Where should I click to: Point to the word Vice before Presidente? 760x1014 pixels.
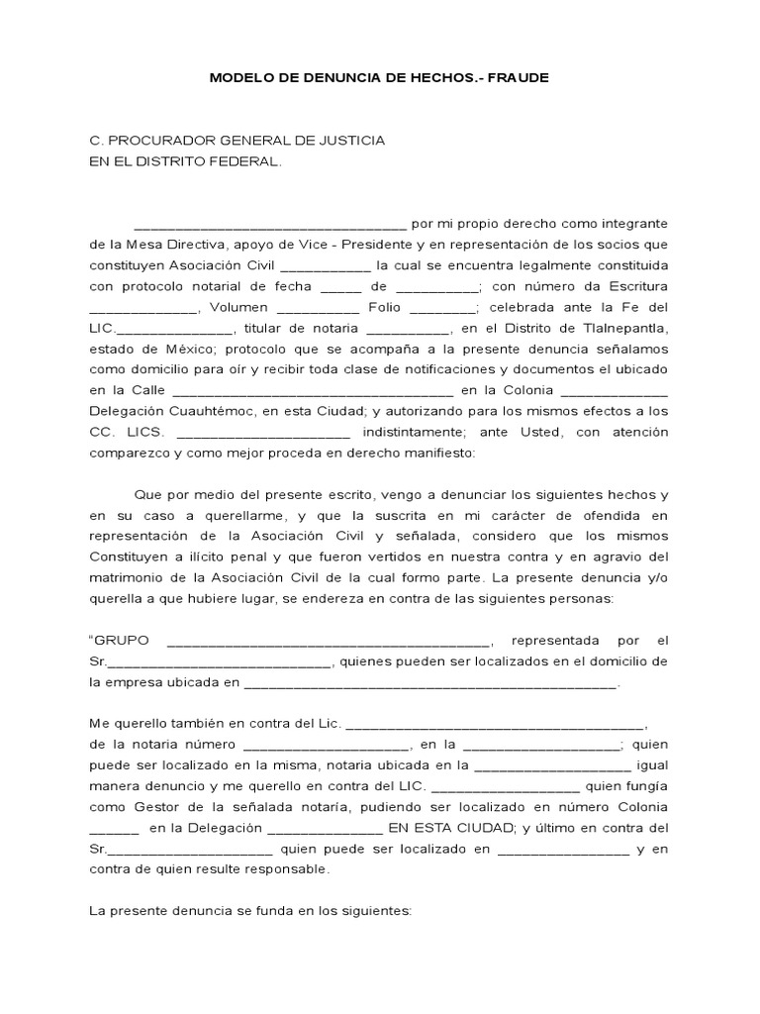click(344, 245)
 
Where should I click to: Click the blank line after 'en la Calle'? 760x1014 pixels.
click(313, 391)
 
